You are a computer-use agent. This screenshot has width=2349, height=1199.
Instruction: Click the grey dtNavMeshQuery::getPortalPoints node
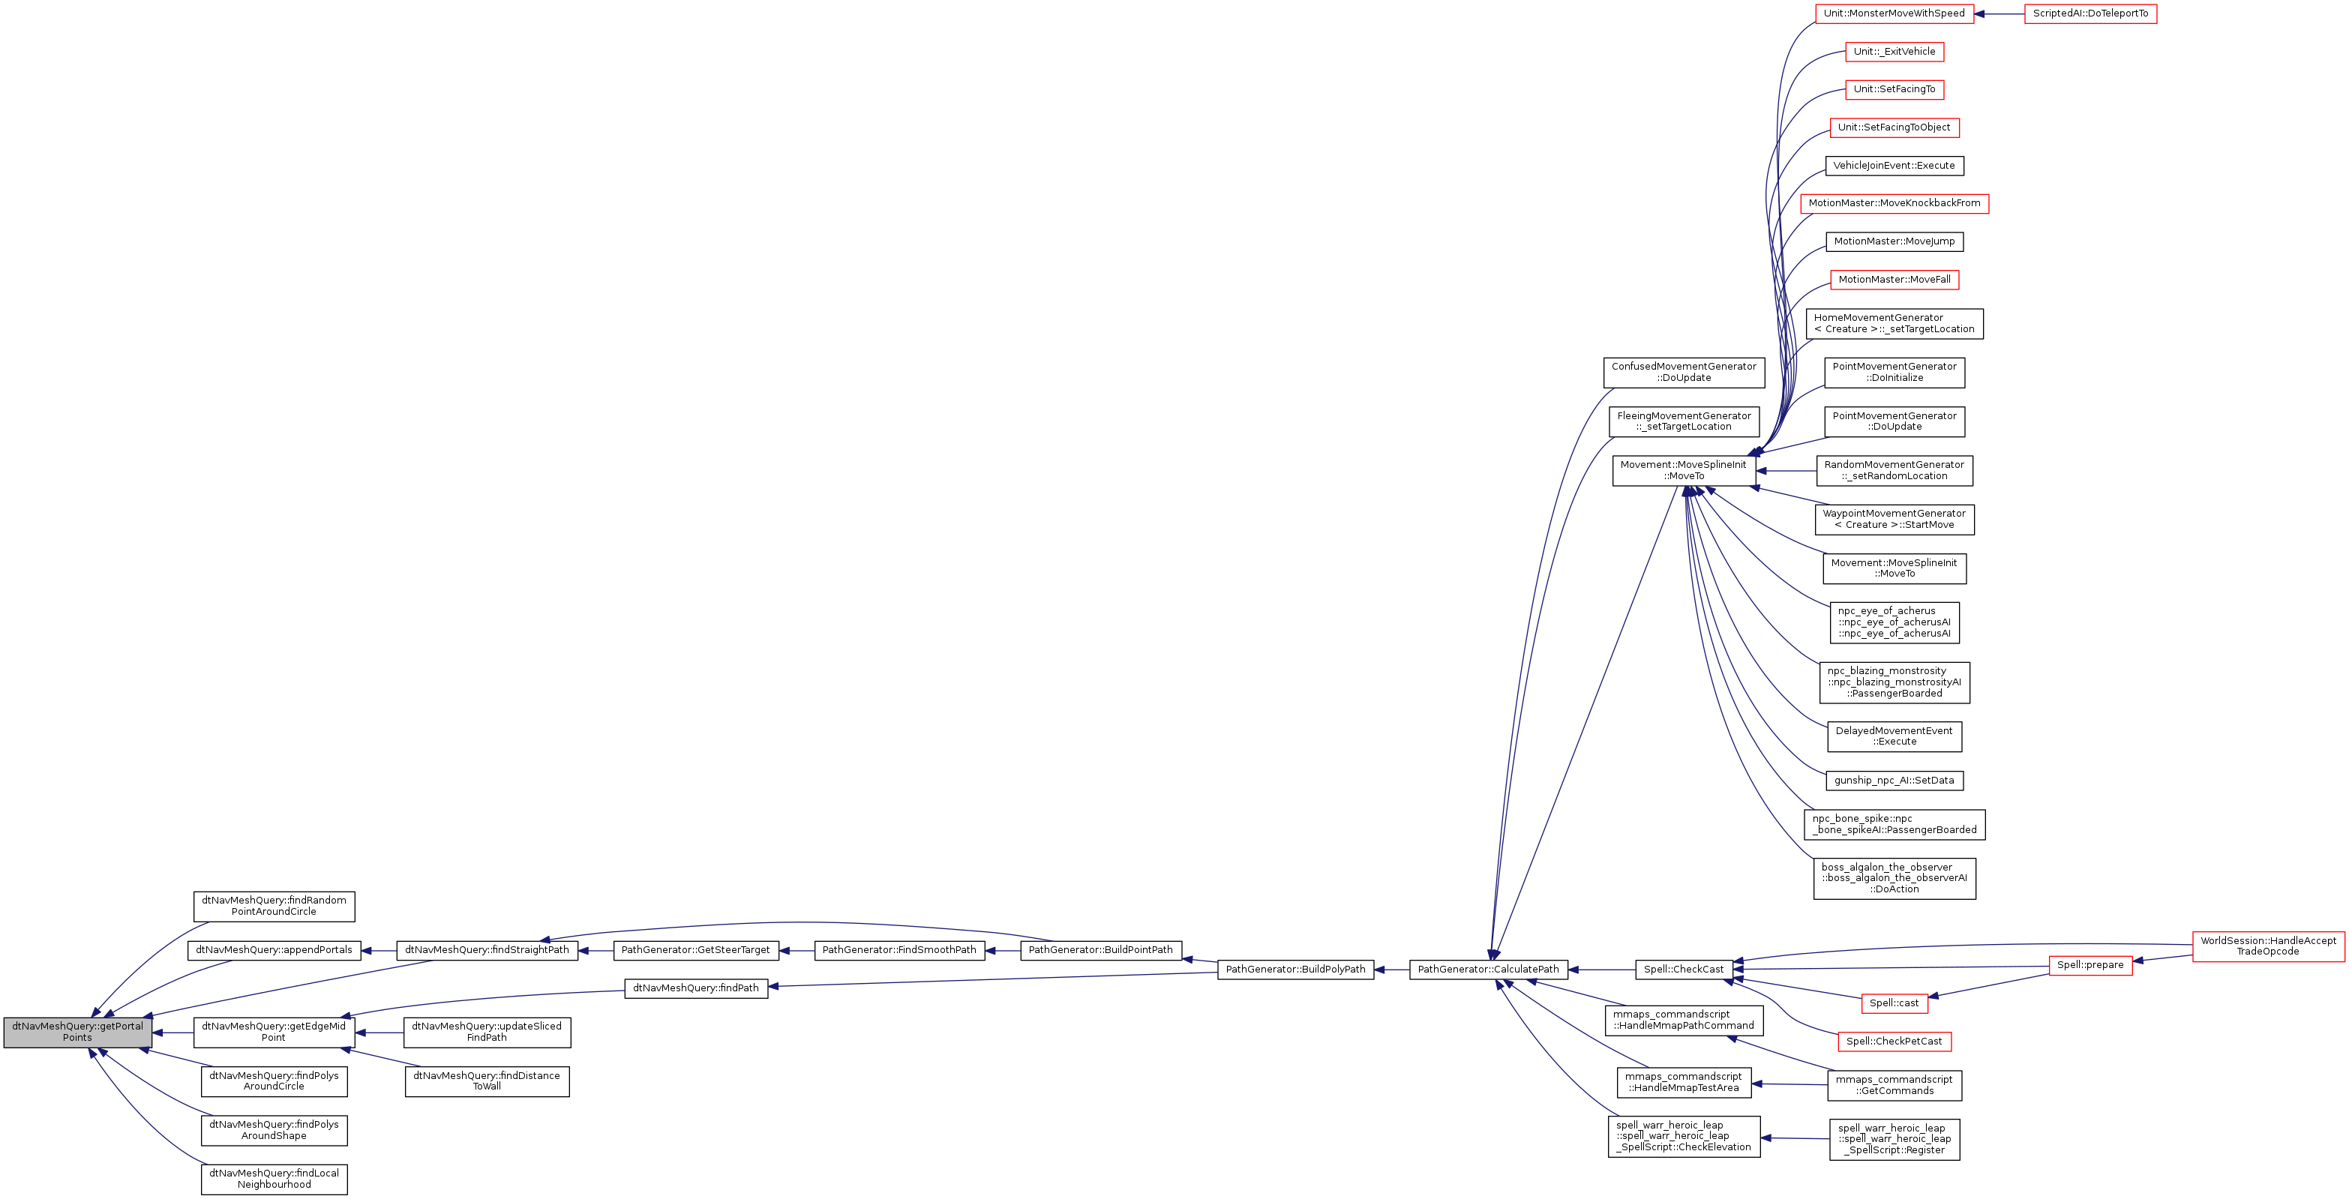coord(77,1032)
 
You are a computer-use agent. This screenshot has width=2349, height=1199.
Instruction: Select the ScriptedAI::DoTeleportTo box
coord(2090,13)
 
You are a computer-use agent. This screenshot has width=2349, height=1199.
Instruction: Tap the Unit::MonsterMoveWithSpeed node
coord(1894,13)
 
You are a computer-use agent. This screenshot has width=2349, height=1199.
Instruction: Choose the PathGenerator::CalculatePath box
coord(1488,970)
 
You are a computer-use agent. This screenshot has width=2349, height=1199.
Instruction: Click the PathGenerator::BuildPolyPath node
coord(1294,970)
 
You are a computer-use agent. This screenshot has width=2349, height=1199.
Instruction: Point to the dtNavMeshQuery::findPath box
coord(696,988)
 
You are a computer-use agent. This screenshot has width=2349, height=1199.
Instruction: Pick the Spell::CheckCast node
coord(1683,970)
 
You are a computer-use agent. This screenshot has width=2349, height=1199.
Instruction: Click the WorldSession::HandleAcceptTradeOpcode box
coord(2268,946)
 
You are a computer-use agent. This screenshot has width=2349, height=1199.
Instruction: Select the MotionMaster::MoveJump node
coord(1894,241)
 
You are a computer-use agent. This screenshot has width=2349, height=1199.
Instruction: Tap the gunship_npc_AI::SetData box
coord(1894,781)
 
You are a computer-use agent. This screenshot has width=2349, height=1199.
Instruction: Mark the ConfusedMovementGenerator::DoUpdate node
coord(1683,372)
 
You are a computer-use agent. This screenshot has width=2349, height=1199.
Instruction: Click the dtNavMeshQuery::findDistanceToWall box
coord(487,1081)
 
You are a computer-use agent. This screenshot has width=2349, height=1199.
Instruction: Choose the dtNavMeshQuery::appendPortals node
coord(274,950)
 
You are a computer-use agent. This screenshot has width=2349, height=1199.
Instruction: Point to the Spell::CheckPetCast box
coord(1894,1042)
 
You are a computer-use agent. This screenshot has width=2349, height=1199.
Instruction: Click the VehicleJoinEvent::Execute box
coord(1894,166)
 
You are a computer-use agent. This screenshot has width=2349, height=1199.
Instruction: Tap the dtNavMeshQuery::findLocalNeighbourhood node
coord(274,1179)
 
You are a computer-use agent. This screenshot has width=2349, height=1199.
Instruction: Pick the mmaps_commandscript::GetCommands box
coord(1894,1085)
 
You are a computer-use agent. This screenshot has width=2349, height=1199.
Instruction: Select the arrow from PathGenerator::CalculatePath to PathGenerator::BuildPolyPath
coord(1391,970)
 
